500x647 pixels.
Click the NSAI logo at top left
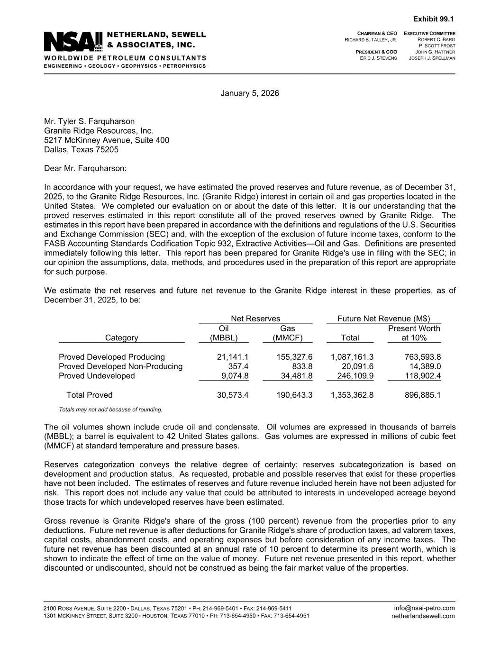coord(73,41)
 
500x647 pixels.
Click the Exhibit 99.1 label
coord(433,19)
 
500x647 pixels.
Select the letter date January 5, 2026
coord(250,93)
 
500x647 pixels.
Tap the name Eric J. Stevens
coord(378,58)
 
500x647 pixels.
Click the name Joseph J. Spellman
coord(432,58)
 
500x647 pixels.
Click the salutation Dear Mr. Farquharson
coord(85,169)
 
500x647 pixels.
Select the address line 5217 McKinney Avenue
coord(107,140)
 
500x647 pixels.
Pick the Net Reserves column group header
coord(255,319)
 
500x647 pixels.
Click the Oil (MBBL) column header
coord(224,333)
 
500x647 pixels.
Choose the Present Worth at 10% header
coord(414,333)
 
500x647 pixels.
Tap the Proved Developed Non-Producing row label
coord(120,366)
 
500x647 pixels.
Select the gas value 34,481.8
coord(294,376)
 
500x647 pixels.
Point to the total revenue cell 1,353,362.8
coord(352,395)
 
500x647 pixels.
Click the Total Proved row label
coord(90,395)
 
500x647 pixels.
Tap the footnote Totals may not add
coord(110,410)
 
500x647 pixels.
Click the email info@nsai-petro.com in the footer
coord(424,608)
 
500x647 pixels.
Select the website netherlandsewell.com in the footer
coord(423,616)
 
